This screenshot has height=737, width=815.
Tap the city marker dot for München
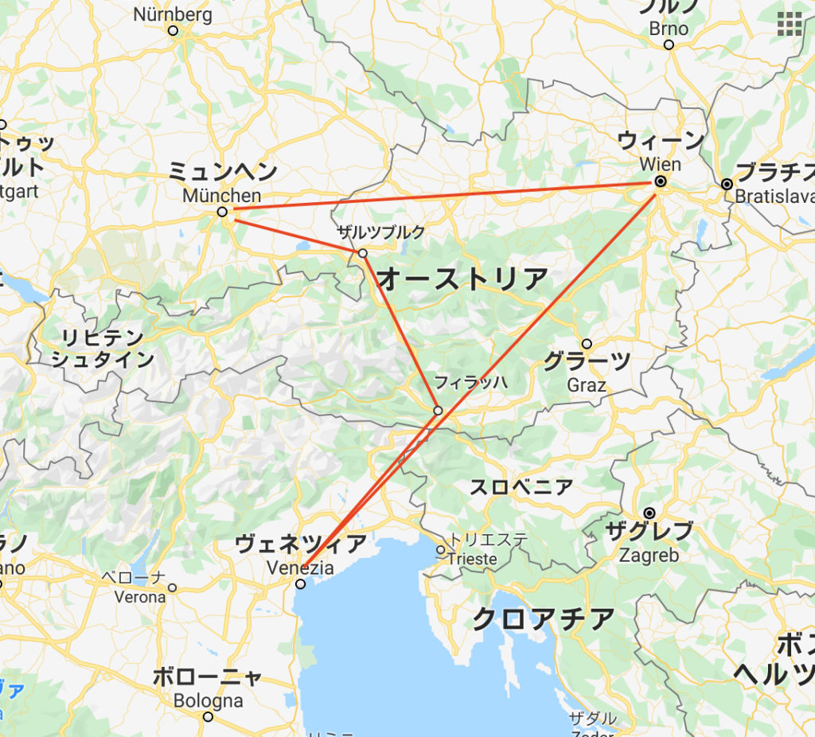point(222,212)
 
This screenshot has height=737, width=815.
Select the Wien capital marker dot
point(660,182)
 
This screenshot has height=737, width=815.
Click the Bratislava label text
point(774,196)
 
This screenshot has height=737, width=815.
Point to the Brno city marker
point(669,45)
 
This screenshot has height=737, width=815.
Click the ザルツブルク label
point(381,232)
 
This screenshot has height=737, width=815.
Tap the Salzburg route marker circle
point(362,253)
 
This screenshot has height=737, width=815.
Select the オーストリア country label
point(462,279)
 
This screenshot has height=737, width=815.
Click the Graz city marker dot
point(587,344)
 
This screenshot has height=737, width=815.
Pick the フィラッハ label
point(471,382)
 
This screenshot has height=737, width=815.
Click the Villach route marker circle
point(438,411)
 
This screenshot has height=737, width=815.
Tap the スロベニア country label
point(521,487)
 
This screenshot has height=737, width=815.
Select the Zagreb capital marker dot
point(649,513)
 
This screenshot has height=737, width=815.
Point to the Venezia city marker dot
point(300,583)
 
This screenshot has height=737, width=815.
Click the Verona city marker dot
point(172,588)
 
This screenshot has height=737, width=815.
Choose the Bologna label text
point(209,701)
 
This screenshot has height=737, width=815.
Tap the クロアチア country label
point(544,618)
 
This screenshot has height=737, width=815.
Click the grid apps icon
point(789,24)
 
